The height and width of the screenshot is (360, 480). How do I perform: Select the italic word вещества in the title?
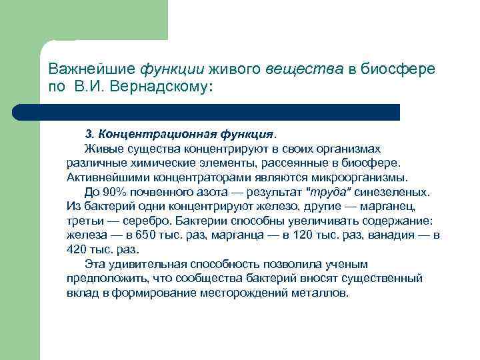(x=295, y=69)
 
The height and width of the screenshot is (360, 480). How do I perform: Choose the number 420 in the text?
(x=77, y=251)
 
